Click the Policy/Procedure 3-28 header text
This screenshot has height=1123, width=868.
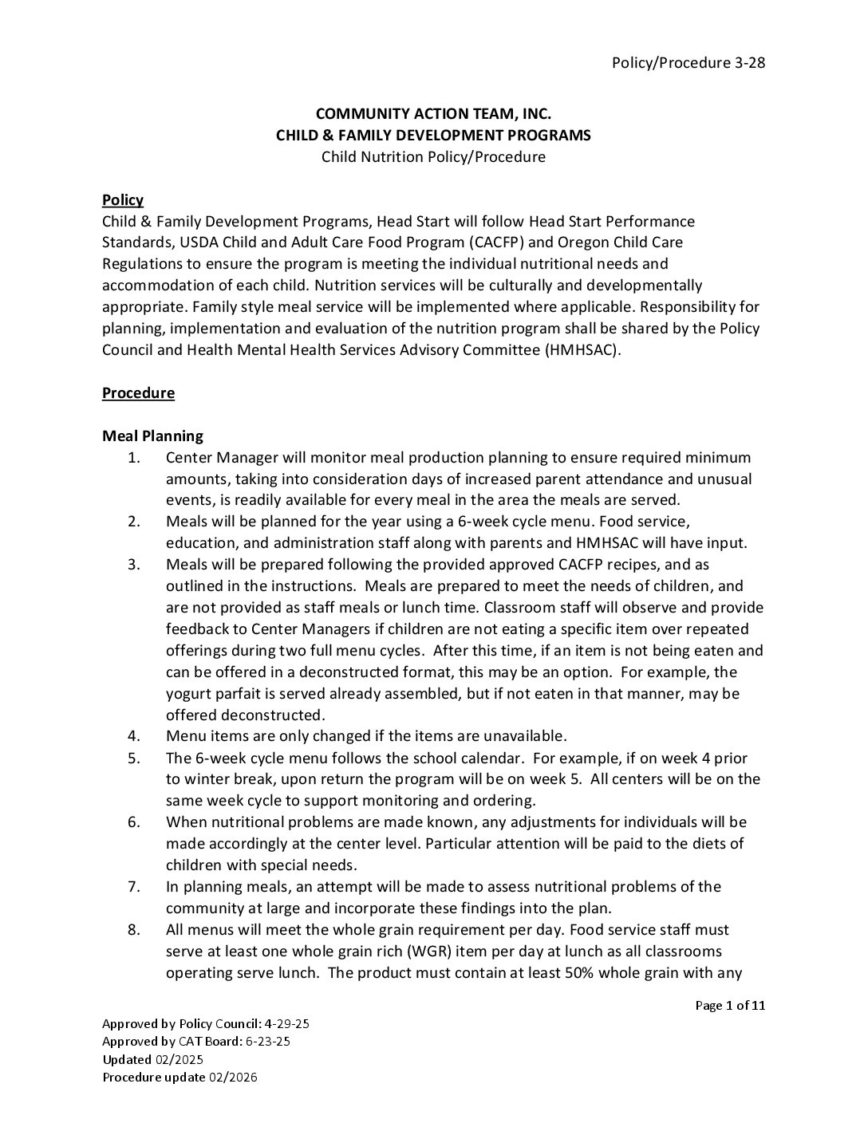[x=688, y=63]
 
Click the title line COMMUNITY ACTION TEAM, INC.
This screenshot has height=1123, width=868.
[x=433, y=114]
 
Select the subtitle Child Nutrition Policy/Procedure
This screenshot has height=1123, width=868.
[x=433, y=156]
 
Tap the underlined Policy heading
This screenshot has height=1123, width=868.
[x=123, y=200]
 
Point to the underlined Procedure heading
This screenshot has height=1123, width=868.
[x=138, y=393]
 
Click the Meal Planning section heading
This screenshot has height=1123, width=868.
[x=152, y=436]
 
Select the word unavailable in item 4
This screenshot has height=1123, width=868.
[x=527, y=736]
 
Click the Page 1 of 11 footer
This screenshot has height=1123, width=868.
[x=730, y=1006]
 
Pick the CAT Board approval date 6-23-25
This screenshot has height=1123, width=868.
[x=274, y=1042]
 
